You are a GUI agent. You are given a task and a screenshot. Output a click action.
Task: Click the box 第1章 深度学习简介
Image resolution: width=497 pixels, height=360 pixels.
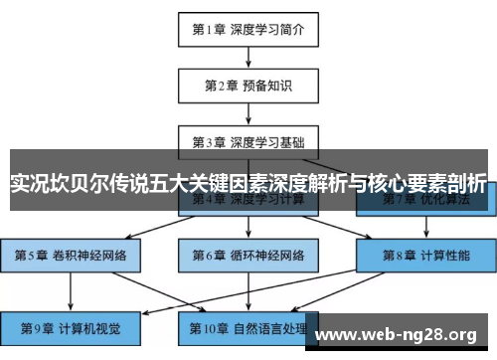pos(248,30)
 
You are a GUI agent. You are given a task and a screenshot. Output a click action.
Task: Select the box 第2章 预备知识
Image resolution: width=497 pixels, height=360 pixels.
pos(248,86)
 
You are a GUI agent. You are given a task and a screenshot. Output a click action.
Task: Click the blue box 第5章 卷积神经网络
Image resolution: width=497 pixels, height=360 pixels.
pos(70,255)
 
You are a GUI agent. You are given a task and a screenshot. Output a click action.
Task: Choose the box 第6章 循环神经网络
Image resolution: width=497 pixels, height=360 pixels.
pos(248,255)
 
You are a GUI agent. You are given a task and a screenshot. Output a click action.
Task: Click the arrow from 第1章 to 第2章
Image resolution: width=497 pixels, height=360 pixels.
pos(248,58)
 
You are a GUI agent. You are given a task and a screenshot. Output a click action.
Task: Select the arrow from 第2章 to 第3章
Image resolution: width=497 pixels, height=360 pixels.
pos(248,112)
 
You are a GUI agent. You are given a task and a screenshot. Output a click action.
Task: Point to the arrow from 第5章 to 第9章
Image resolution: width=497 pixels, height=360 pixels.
pos(70,289)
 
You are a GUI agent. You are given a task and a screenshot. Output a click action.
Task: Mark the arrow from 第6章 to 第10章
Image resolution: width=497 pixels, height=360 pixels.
pos(248,289)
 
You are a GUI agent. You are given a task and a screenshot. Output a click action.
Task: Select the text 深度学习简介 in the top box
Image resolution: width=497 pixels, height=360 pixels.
pos(268,30)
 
